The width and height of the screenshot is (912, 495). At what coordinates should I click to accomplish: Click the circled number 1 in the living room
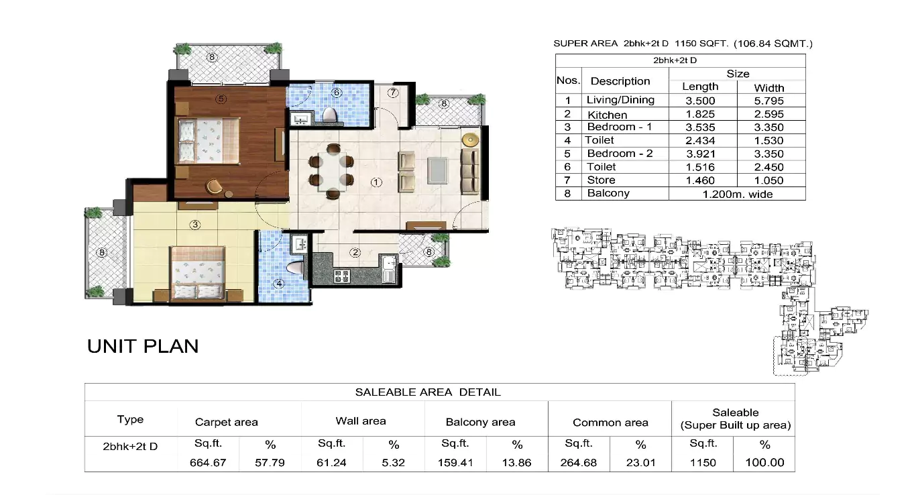(376, 182)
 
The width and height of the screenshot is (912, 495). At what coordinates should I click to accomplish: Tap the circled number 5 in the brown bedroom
(221, 99)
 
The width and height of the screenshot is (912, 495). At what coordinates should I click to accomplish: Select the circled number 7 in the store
(393, 93)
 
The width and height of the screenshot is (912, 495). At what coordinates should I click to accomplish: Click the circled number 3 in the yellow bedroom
(195, 225)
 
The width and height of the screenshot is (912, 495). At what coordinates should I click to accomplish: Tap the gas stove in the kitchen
(341, 275)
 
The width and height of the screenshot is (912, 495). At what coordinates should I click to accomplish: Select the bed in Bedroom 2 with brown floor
(207, 140)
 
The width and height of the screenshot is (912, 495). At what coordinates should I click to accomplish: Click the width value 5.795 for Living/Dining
(768, 101)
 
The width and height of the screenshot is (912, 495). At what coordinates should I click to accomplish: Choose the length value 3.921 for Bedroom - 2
(701, 154)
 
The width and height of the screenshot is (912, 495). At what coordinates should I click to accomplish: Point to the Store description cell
(601, 180)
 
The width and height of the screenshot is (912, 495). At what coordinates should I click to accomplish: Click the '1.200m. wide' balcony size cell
(737, 194)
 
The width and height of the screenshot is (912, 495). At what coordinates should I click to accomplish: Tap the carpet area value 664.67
(208, 462)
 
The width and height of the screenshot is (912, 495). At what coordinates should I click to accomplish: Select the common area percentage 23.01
(640, 462)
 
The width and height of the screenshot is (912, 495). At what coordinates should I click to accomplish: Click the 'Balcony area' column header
(480, 422)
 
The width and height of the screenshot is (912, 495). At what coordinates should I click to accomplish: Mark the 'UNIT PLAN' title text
(143, 346)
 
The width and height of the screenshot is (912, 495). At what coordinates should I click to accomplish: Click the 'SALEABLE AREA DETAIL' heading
(428, 392)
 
